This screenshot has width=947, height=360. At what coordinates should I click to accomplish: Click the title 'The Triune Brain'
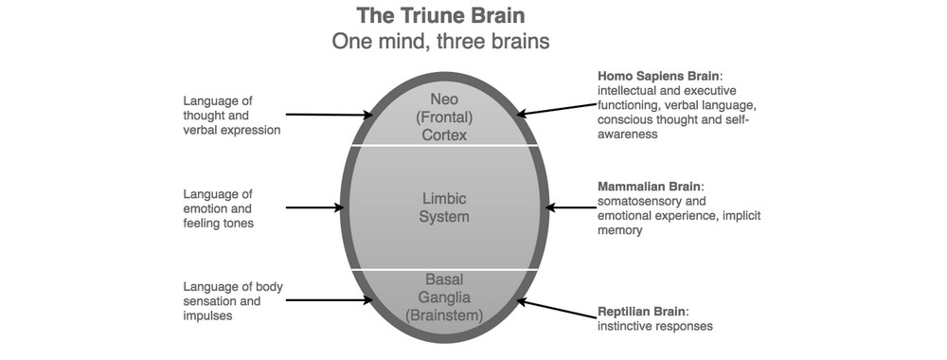(441, 16)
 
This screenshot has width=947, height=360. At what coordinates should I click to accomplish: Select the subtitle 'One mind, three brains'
(441, 42)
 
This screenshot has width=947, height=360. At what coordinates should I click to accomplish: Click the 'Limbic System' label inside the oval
(444, 207)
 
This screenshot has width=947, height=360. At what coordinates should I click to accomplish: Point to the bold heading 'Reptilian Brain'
(641, 311)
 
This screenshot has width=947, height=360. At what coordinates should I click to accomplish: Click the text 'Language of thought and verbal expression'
(232, 116)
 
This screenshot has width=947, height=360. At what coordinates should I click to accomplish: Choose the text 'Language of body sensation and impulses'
(233, 301)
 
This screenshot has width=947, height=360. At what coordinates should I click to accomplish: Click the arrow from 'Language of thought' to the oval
(327, 116)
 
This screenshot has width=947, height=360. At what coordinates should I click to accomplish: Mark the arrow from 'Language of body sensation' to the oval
(327, 300)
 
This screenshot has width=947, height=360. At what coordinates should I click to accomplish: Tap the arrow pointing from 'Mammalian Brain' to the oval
(569, 207)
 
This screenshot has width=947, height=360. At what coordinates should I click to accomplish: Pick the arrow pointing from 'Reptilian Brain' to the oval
(554, 310)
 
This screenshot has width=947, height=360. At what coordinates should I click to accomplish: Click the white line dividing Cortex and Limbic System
(443, 145)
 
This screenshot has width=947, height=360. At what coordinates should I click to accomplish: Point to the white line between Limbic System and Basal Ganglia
(443, 269)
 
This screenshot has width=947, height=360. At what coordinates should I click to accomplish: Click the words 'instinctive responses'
(654, 326)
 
